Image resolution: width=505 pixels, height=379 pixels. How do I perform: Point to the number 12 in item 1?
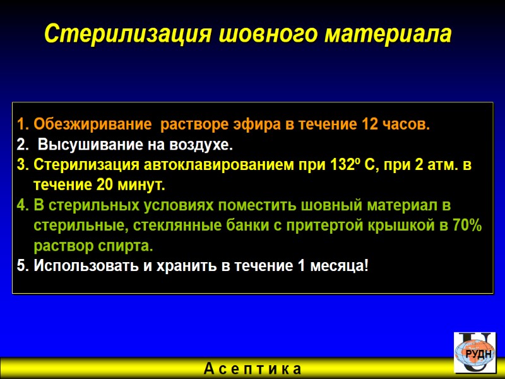369,124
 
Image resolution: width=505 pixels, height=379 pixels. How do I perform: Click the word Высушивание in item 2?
85,146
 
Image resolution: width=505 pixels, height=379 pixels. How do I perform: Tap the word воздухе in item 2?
199,146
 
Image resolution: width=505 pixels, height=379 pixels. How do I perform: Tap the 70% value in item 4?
467,226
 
